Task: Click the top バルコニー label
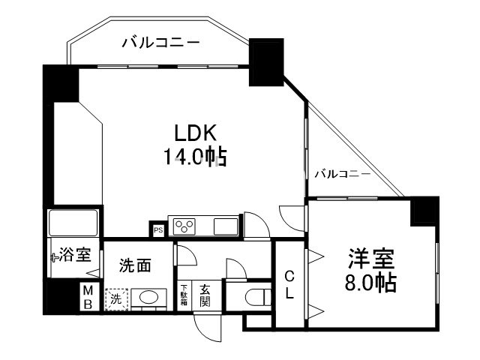(161, 43)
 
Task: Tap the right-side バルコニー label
(341, 174)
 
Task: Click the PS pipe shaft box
(158, 230)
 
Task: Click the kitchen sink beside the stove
(225, 226)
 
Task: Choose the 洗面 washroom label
(136, 265)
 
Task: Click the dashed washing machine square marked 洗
(116, 298)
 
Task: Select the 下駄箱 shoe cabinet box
(184, 294)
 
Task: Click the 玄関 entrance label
(204, 294)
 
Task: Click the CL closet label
(289, 284)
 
